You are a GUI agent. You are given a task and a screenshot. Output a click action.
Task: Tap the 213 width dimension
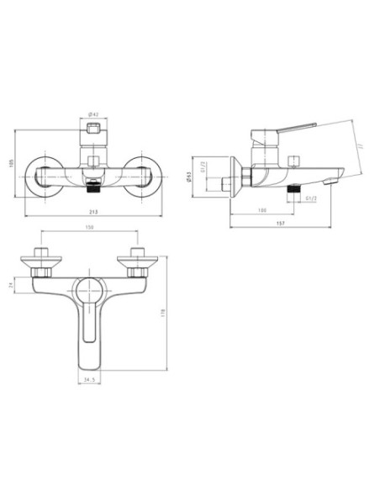click(93, 214)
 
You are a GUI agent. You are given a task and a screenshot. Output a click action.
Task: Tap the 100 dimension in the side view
click(261, 211)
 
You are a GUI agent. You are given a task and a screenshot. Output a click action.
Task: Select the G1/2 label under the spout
click(311, 199)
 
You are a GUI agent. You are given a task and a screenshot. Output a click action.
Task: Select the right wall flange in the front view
click(144, 177)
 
